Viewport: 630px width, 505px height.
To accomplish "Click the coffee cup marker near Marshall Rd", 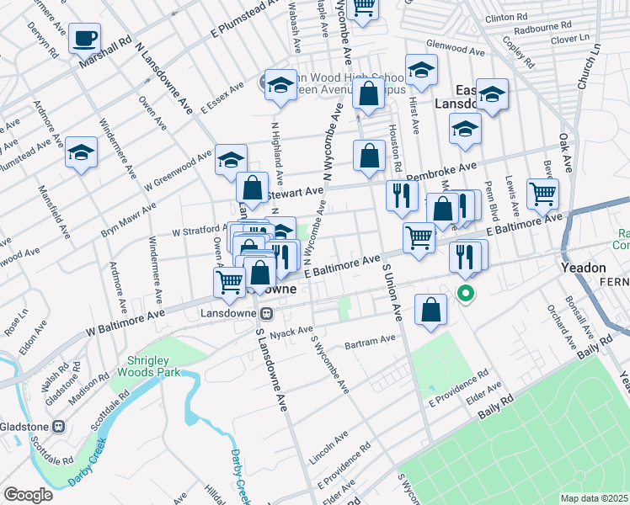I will (84, 38).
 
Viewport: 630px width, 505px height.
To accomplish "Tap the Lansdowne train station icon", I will (266, 314).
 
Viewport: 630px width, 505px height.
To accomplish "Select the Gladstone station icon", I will (58, 426).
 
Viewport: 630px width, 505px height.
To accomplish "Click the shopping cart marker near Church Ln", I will (542, 194).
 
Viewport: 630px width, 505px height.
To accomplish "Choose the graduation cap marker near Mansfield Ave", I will (81, 152).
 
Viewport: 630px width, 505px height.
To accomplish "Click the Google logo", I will (28, 495).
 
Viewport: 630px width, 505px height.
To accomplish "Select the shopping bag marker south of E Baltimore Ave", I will (430, 310).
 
